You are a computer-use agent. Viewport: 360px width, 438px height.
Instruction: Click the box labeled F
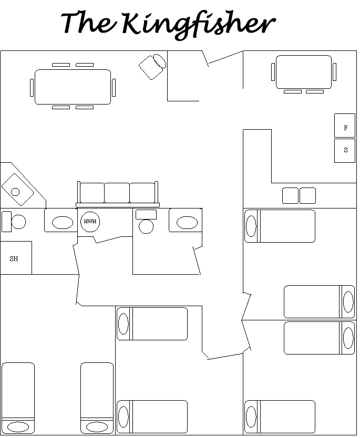click(x=345, y=126)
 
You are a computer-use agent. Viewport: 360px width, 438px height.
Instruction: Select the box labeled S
click(x=345, y=151)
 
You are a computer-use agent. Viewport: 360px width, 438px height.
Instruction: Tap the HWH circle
click(x=90, y=222)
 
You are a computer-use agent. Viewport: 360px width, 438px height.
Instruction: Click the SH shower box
click(x=16, y=257)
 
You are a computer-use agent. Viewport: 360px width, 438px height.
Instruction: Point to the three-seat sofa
click(x=118, y=194)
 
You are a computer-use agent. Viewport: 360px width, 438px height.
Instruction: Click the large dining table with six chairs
click(x=73, y=87)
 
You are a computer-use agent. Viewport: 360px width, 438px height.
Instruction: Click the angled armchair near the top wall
click(x=152, y=67)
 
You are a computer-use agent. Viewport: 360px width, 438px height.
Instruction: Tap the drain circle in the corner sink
click(x=15, y=192)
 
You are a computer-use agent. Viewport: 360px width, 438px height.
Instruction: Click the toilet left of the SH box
click(x=14, y=222)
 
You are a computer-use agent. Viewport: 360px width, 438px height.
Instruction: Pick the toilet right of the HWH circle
click(x=146, y=221)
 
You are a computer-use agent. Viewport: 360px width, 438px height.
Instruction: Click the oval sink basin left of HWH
click(x=63, y=223)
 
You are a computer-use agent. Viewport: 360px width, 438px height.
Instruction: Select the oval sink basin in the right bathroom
click(x=187, y=223)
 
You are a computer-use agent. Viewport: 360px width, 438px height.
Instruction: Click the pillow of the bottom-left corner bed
click(x=18, y=427)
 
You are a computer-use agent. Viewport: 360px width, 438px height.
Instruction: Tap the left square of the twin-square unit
click(x=290, y=195)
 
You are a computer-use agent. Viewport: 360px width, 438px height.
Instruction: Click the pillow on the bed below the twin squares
click(x=251, y=226)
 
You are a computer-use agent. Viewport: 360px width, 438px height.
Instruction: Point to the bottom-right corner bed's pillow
click(x=251, y=417)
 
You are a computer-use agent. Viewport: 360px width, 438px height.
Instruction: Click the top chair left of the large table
click(x=61, y=65)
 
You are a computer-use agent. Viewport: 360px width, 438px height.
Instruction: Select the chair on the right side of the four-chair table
click(x=335, y=72)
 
